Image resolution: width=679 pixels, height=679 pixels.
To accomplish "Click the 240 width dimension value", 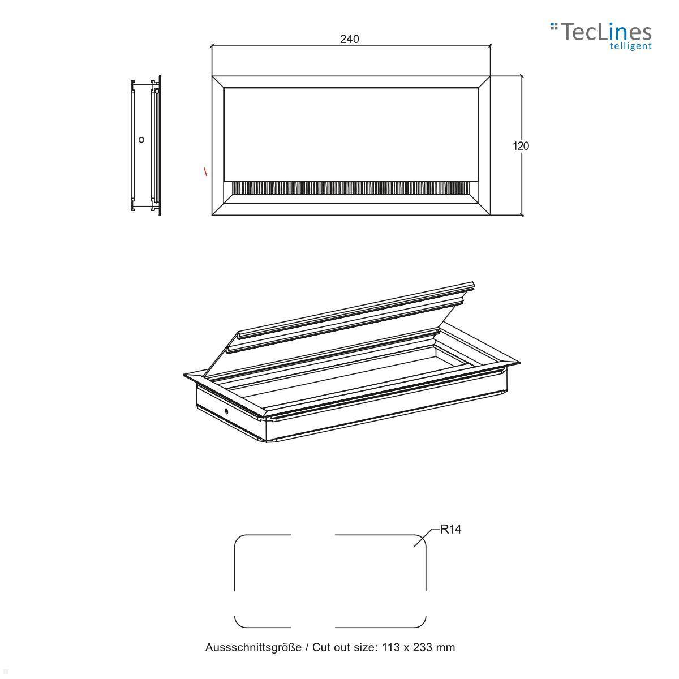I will pyautogui.click(x=350, y=39).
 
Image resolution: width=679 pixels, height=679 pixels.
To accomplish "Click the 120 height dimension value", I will pyautogui.click(x=521, y=146).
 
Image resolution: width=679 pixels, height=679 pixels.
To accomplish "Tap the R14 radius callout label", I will pyautogui.click(x=451, y=530).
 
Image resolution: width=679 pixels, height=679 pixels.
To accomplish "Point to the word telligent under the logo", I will pyautogui.click(x=630, y=46).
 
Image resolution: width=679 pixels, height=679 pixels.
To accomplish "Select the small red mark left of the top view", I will pyautogui.click(x=205, y=171).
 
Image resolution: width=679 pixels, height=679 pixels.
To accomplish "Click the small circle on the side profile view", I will pyautogui.click(x=141, y=140).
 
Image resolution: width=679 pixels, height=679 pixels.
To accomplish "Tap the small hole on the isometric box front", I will pyautogui.click(x=226, y=412).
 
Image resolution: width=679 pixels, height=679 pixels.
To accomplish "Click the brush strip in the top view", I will pyautogui.click(x=351, y=188).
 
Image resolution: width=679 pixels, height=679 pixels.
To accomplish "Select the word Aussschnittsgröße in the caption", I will pyautogui.click(x=253, y=647).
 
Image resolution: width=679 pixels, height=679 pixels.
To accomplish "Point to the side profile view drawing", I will pyautogui.click(x=145, y=146).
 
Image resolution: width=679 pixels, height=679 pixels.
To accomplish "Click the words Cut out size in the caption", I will pyautogui.click(x=345, y=647).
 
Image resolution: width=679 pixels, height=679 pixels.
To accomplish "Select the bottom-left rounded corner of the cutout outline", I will pyautogui.click(x=239, y=622).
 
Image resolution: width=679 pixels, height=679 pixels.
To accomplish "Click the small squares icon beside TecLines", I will pyautogui.click(x=555, y=25).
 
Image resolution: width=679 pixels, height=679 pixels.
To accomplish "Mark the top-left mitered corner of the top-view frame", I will pyautogui.click(x=218, y=81).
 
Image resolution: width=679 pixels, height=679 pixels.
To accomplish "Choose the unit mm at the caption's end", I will pyautogui.click(x=446, y=647).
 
